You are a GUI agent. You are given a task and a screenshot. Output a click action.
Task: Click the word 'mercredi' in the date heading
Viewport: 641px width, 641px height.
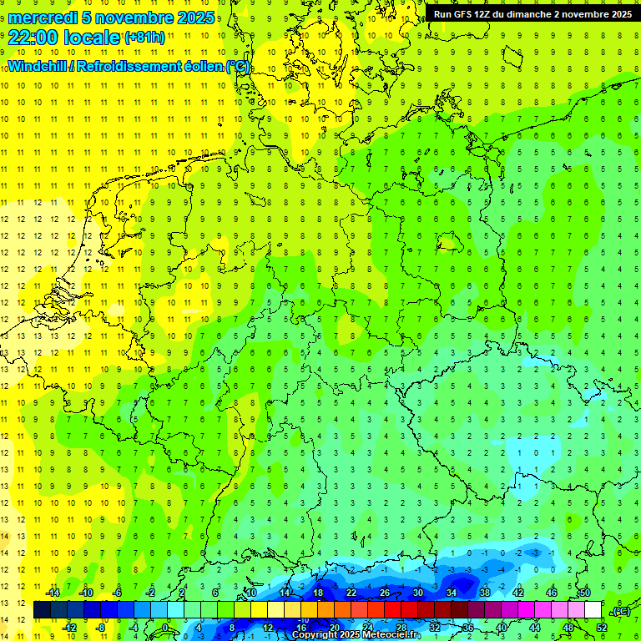point(42,18)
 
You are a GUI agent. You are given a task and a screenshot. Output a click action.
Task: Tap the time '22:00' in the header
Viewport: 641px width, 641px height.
point(33,37)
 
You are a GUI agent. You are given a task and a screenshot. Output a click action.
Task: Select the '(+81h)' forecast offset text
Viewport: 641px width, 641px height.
point(144,38)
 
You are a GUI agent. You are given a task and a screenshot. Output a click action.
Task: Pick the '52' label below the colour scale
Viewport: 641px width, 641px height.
point(602,628)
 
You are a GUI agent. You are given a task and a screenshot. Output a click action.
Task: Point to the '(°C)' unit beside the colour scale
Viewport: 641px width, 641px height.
point(620,611)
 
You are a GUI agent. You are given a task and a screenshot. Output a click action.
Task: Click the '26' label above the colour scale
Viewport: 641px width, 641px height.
point(385,592)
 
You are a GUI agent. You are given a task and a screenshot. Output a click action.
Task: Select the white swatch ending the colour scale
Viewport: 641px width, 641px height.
point(593,610)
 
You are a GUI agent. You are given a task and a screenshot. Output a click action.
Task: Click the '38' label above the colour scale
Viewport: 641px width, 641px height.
point(485,592)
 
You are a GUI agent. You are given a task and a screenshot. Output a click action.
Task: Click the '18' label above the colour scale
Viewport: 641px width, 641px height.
point(318,592)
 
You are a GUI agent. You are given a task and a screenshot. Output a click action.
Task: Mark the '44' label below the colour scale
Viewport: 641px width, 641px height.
point(535,628)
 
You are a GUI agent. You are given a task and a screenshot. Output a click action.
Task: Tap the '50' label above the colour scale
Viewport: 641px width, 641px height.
point(585,592)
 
